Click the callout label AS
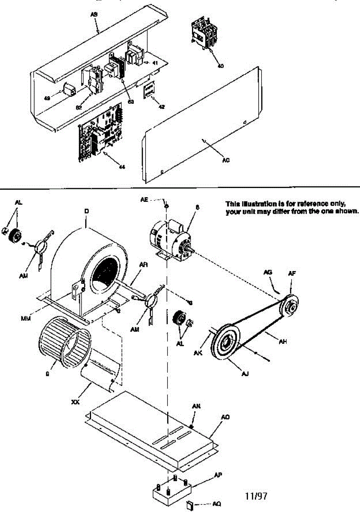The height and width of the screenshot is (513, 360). coord(94,14)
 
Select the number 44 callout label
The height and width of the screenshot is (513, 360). coord(122,167)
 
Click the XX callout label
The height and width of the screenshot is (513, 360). coord(74,402)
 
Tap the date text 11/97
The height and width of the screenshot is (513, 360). coord(256,496)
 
